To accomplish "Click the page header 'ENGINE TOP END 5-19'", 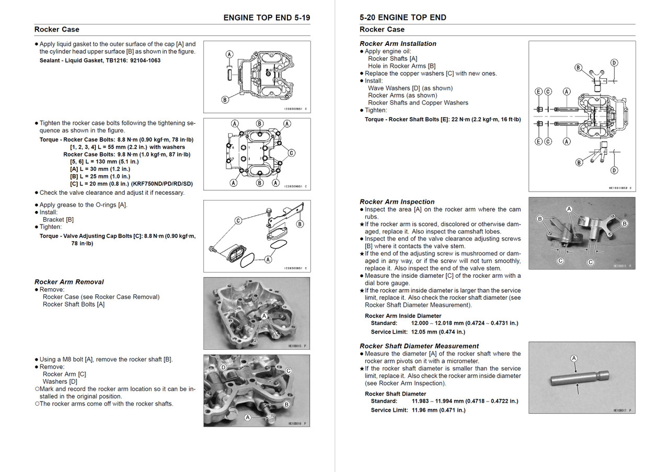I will [267, 17].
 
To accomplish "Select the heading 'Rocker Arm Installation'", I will [398, 44].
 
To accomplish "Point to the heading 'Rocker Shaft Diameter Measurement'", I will [419, 346].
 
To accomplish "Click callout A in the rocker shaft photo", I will [574, 358].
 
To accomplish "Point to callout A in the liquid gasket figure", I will [229, 54].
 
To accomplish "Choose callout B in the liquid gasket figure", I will [225, 100].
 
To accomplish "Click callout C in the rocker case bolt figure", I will [291, 153].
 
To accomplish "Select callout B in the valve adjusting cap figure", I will [300, 224].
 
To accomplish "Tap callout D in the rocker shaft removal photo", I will [224, 368].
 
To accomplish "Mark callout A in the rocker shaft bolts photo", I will [264, 316].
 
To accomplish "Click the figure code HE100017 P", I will [621, 410].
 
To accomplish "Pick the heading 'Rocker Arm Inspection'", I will [397, 202].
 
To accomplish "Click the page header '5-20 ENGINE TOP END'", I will [402, 17].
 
